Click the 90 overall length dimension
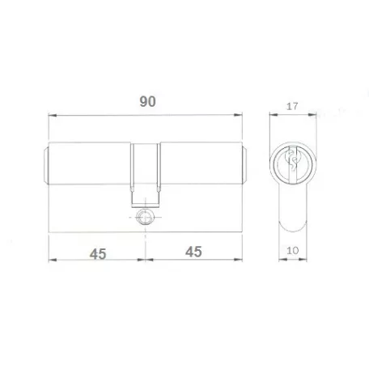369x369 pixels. pyautogui.click(x=147, y=101)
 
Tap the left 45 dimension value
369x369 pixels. pyautogui.click(x=98, y=254)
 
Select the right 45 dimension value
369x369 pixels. pyautogui.click(x=193, y=252)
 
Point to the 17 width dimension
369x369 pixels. pyautogui.click(x=292, y=106)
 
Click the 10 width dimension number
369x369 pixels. pyautogui.click(x=293, y=251)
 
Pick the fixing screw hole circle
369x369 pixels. pyautogui.click(x=145, y=217)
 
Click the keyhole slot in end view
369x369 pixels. pyautogui.click(x=293, y=163)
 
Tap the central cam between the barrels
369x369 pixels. pyautogui.click(x=146, y=175)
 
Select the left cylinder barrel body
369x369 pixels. pyautogui.click(x=89, y=163)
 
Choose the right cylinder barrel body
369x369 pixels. pyautogui.click(x=201, y=163)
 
